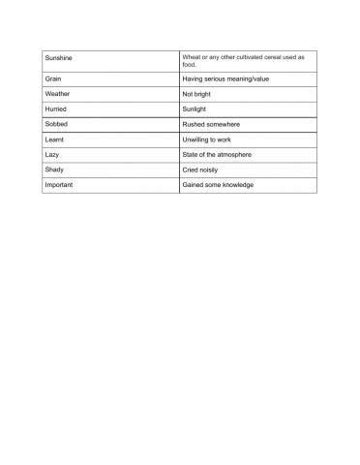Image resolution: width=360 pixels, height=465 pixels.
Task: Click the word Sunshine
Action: tap(59, 60)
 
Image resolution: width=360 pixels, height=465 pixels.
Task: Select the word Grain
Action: tap(53, 77)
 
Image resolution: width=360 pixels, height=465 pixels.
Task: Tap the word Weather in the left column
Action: tap(57, 94)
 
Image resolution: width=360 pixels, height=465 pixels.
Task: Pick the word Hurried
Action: tap(56, 109)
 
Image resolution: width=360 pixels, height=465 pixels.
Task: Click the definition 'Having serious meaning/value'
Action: tap(225, 77)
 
